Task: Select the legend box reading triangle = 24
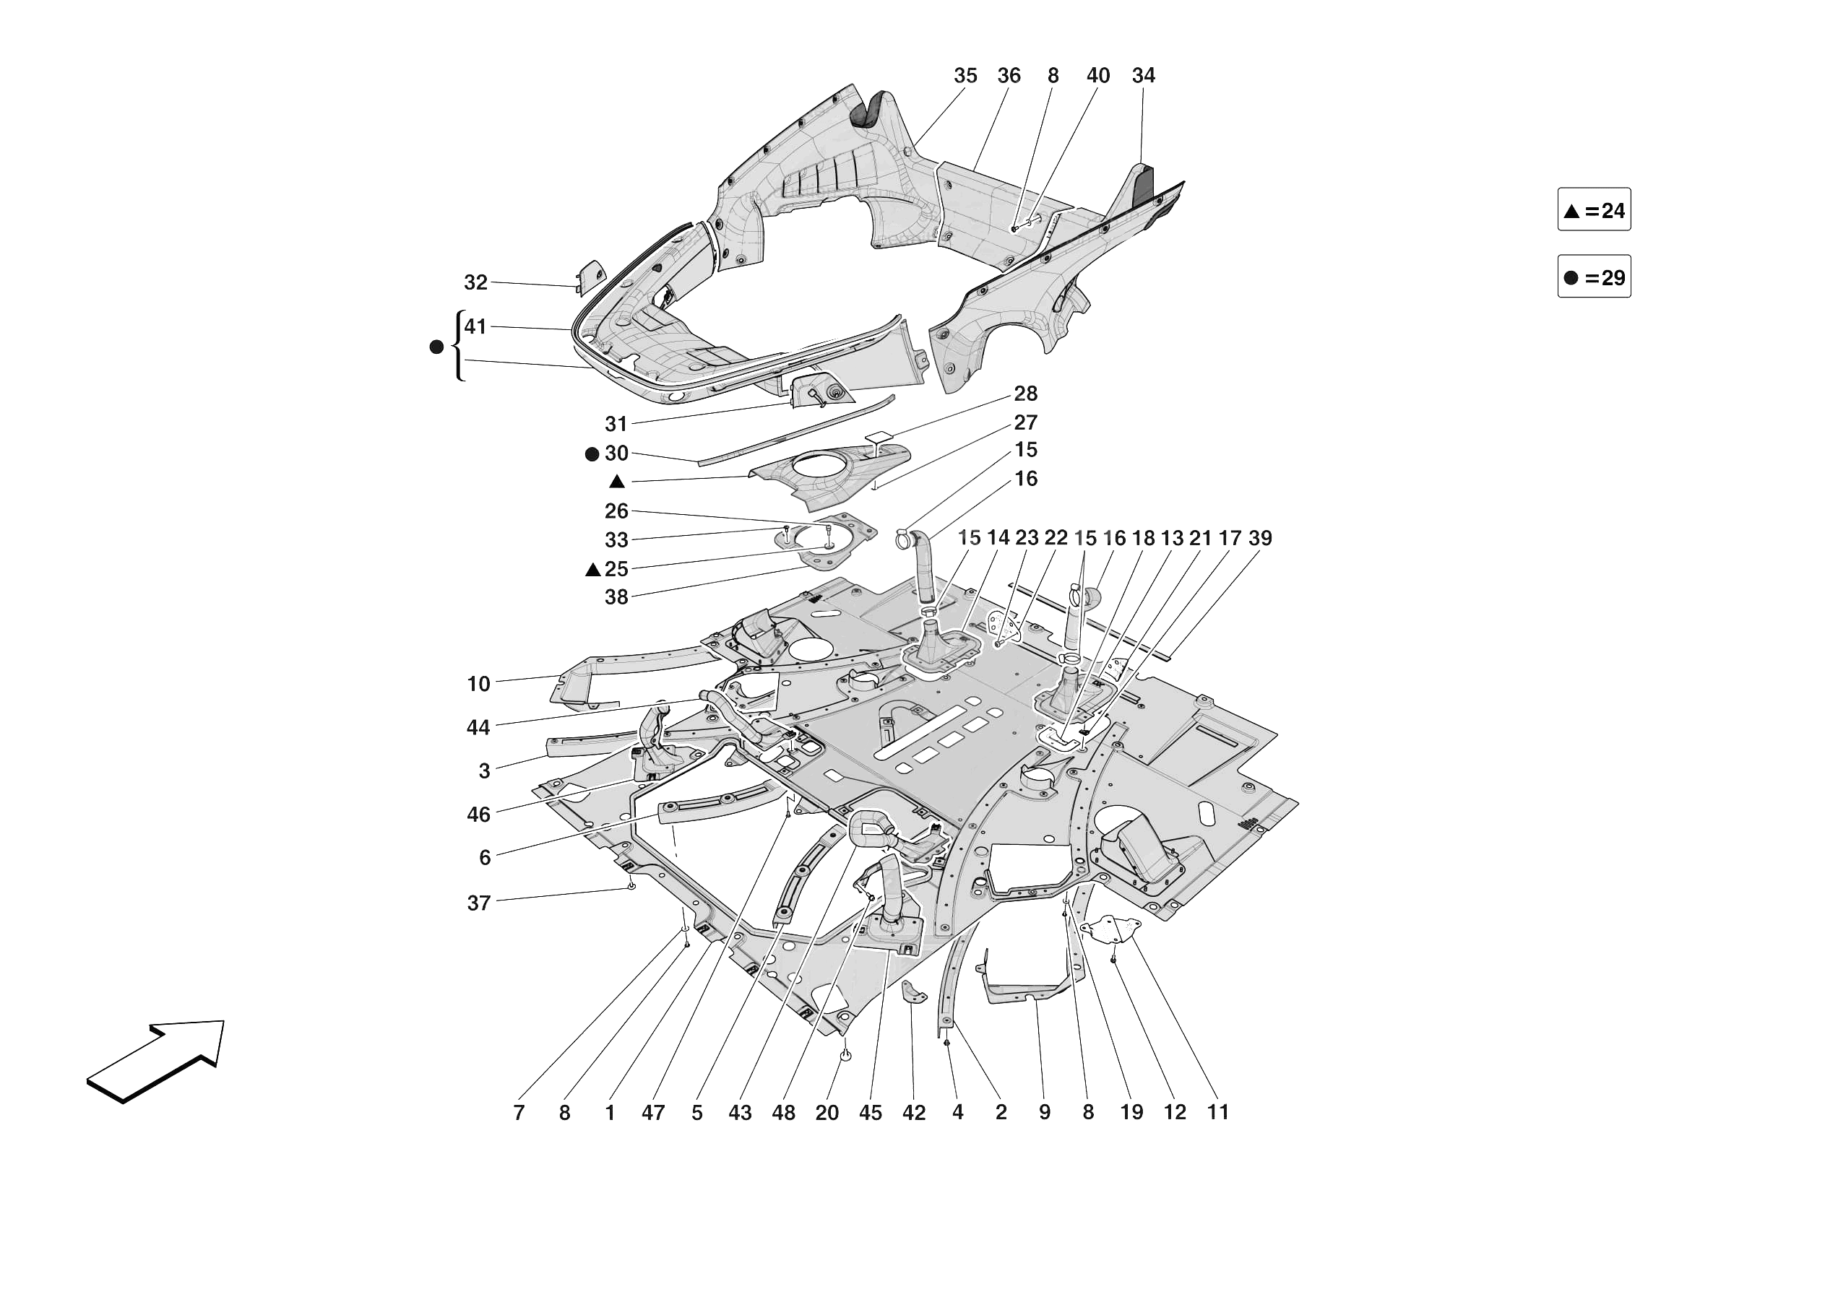click(1594, 210)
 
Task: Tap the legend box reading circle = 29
click(1594, 277)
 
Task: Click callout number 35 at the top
click(965, 76)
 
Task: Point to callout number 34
click(1143, 76)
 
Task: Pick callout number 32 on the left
click(475, 282)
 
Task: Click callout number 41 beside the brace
click(475, 326)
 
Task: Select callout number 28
click(1025, 394)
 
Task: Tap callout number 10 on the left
click(478, 683)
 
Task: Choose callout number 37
click(478, 903)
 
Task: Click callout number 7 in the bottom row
click(519, 1113)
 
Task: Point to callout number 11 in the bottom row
click(1217, 1112)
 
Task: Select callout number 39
click(1260, 538)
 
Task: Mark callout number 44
click(478, 727)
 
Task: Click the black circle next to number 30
click(592, 454)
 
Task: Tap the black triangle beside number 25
click(593, 570)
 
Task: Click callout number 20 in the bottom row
click(827, 1113)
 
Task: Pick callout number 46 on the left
click(478, 815)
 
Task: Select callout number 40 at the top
click(1097, 76)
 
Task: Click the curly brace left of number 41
click(459, 347)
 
